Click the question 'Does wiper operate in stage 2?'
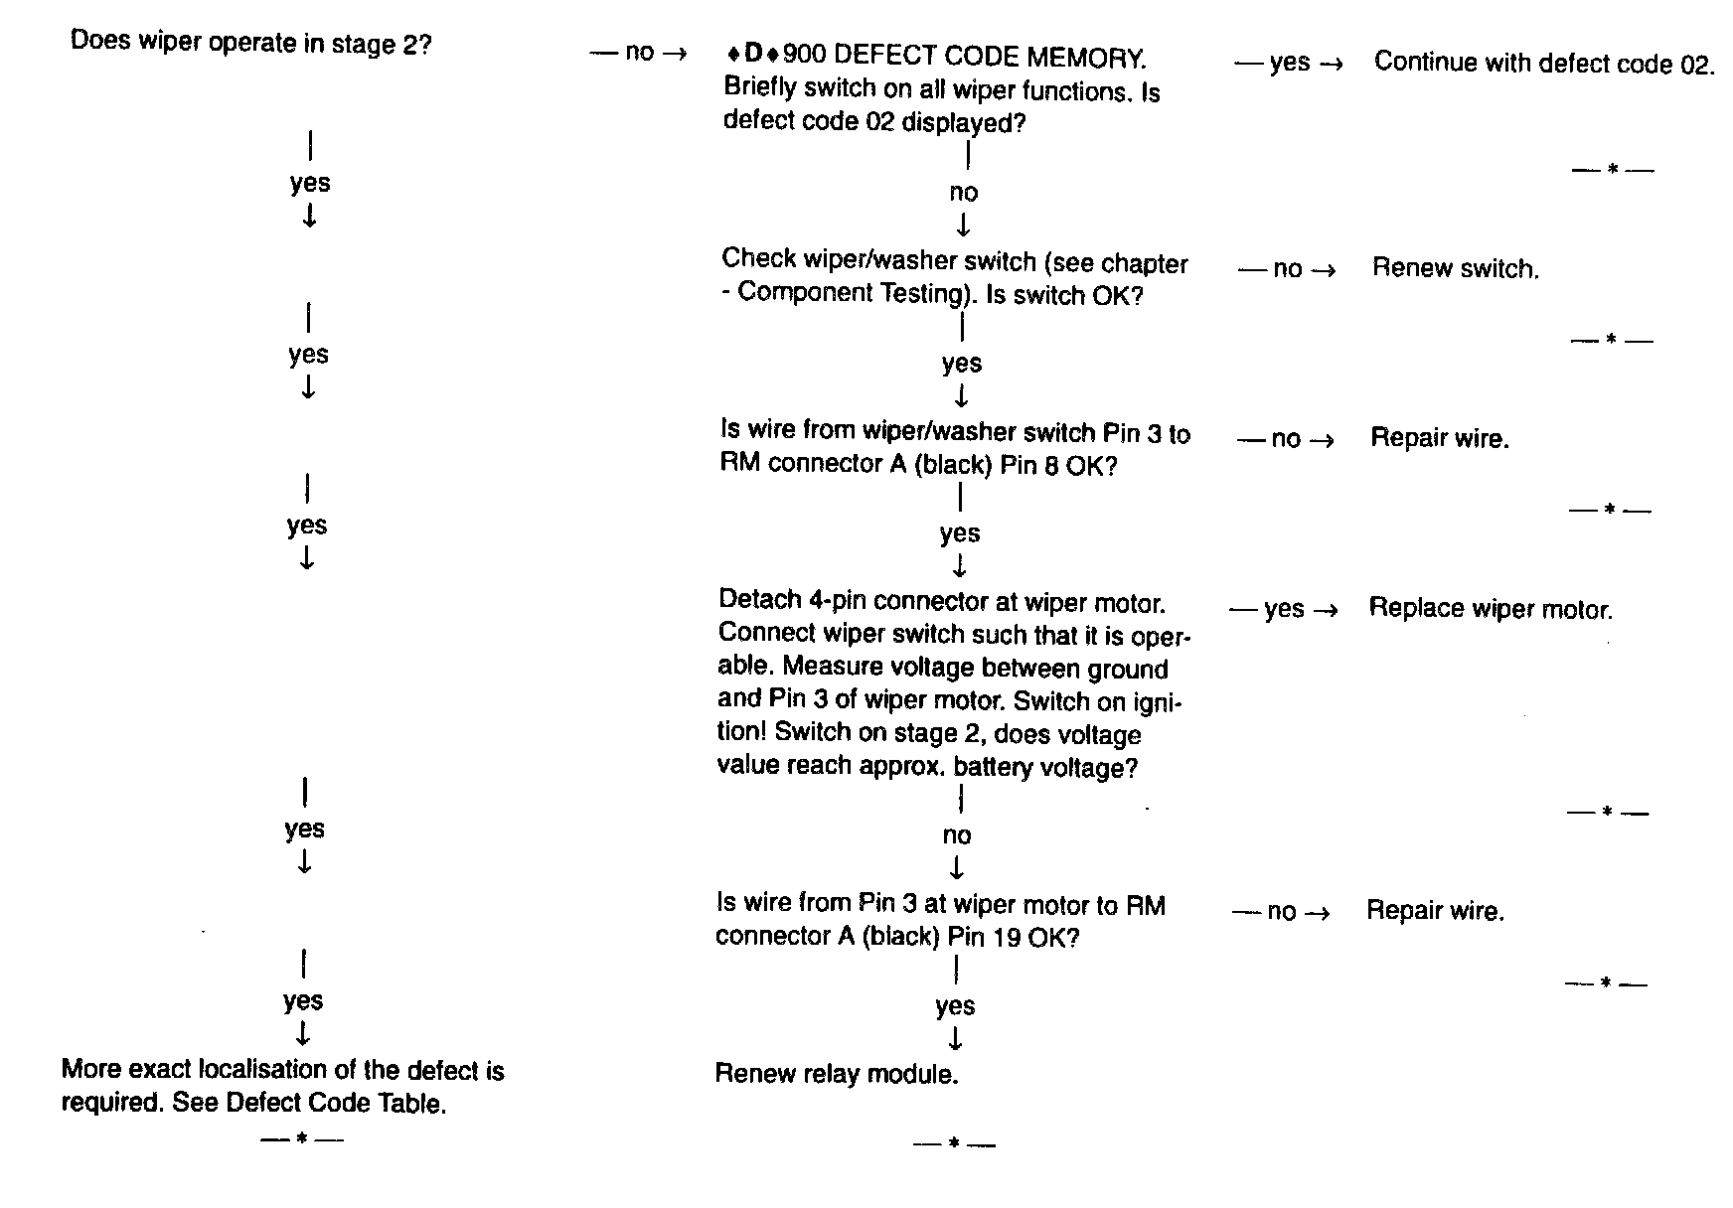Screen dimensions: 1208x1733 [250, 45]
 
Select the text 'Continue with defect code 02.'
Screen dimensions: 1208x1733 [1544, 64]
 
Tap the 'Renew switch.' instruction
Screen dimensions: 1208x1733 [1455, 268]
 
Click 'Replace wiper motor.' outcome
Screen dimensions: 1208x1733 [1490, 609]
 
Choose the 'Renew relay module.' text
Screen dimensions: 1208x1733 [836, 1074]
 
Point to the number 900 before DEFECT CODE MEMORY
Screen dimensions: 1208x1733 [804, 57]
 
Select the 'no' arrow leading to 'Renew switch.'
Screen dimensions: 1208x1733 [1288, 269]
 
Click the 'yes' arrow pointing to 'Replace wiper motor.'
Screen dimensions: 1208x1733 [1284, 609]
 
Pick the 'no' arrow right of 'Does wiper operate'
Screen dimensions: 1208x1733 [638, 52]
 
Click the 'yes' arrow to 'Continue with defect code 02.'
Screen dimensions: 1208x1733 [1289, 64]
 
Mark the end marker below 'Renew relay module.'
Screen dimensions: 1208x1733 [953, 1144]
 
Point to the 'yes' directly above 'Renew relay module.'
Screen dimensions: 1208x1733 [955, 1007]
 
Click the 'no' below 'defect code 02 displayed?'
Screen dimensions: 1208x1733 [963, 193]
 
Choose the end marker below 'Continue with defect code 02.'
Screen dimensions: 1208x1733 [1612, 170]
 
